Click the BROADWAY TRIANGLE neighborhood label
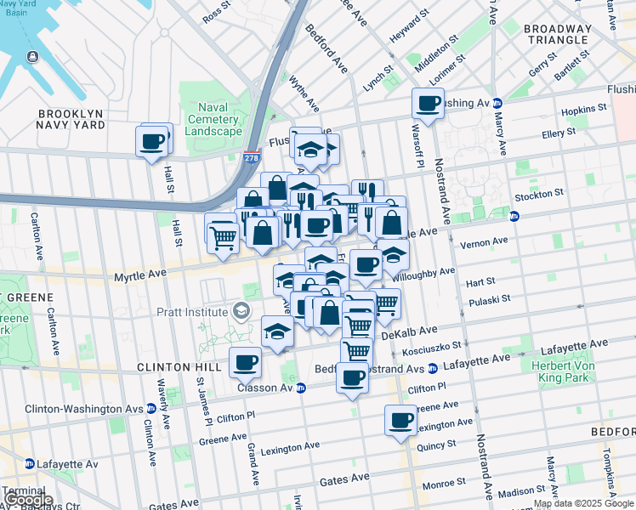557,34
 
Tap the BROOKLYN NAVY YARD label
71,119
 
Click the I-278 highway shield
251,157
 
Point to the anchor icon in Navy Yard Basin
32,57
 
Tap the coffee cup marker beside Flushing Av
428,104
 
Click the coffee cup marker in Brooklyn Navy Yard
152,141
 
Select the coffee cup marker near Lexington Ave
400,419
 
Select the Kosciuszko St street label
433,347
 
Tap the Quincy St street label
437,443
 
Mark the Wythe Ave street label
304,93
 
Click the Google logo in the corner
29,501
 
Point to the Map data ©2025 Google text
583,504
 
